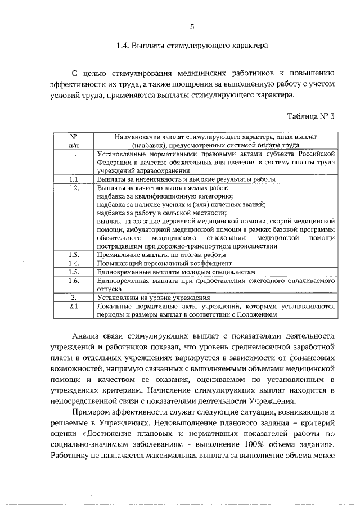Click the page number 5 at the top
192,26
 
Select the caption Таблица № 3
310,117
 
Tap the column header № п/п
73,140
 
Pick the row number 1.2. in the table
73,188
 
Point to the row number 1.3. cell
73,255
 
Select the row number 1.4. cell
73,263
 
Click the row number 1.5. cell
73,272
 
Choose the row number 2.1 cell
73,307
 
